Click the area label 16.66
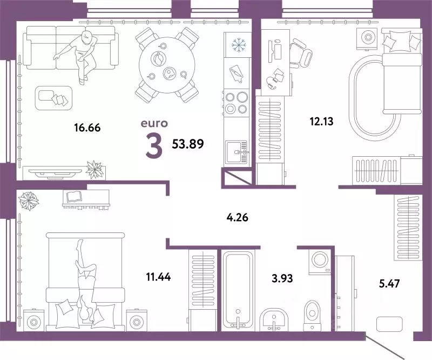tap(87, 128)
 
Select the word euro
tap(153, 124)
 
